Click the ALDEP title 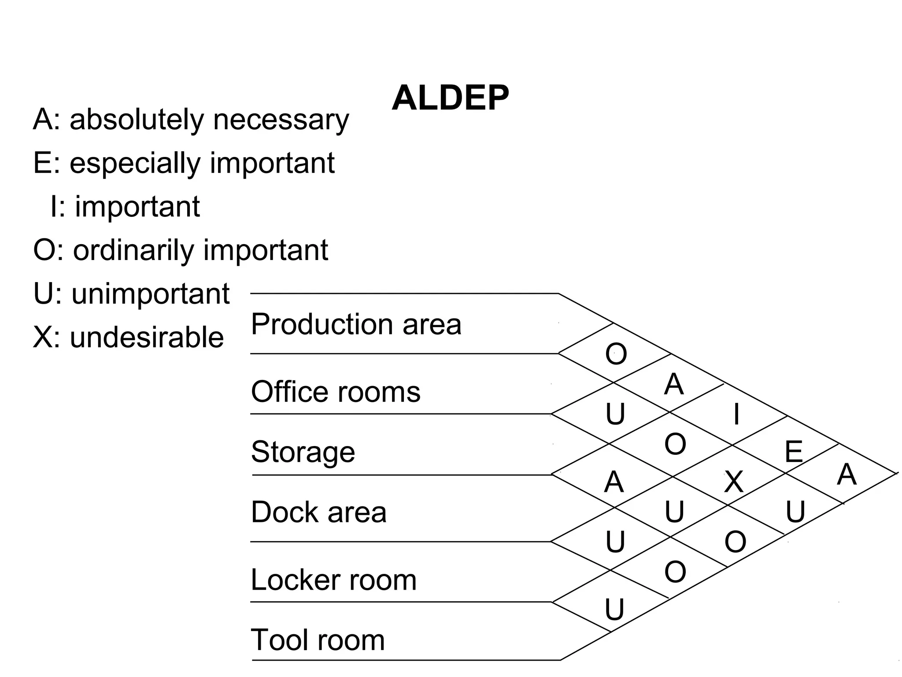[x=450, y=98]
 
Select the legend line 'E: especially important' [x=184, y=163]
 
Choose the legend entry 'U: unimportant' [x=131, y=294]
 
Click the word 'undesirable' [x=147, y=337]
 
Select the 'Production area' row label [x=356, y=324]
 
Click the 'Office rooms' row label [x=336, y=391]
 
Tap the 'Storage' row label [x=303, y=452]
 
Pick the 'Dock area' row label [x=318, y=512]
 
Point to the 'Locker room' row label [x=333, y=580]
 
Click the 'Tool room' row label [x=318, y=640]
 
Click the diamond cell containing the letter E [x=794, y=452]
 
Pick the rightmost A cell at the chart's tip [x=847, y=475]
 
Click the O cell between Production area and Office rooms [x=616, y=353]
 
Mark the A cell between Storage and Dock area [x=614, y=482]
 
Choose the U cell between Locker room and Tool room [x=614, y=610]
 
